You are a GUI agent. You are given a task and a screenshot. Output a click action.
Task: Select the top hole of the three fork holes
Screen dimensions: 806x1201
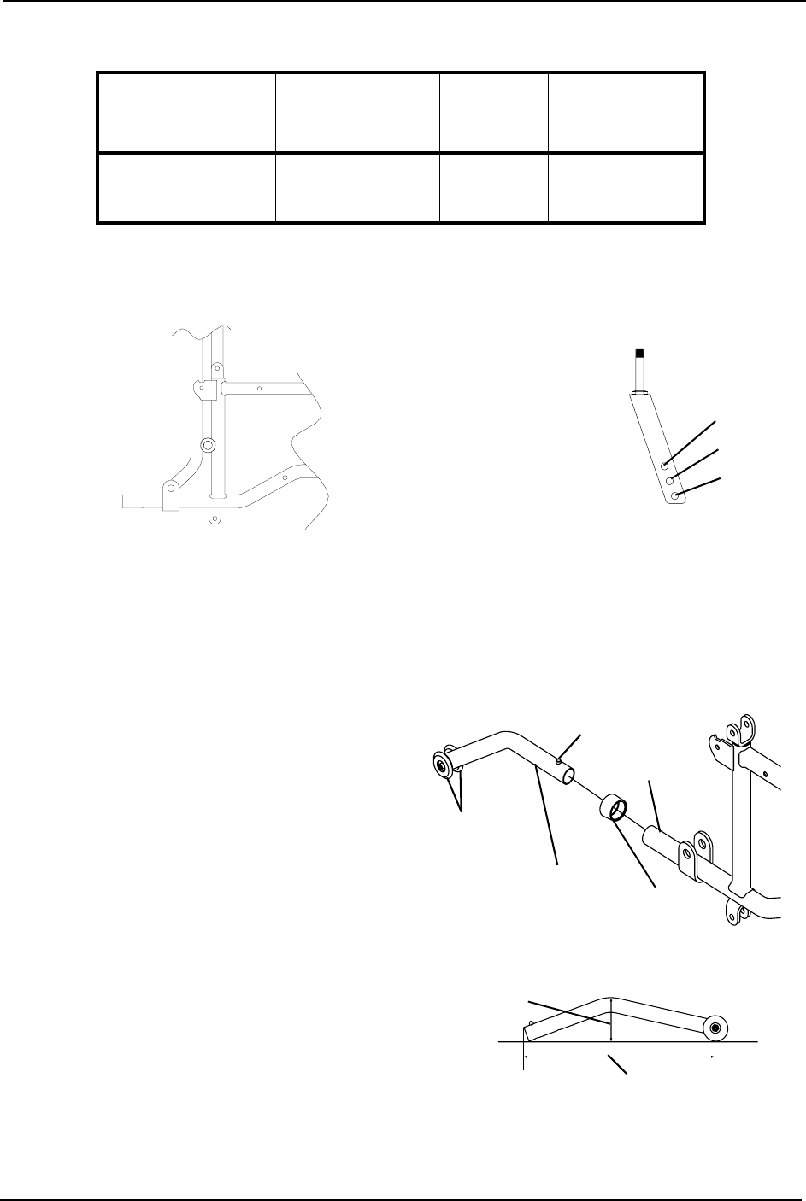coord(665,466)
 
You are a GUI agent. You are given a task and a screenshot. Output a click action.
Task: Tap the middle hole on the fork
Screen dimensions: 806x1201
coord(670,481)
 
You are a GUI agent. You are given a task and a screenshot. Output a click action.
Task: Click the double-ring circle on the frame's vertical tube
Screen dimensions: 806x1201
coord(207,445)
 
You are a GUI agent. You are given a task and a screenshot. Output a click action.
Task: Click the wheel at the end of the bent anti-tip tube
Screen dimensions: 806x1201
coord(443,765)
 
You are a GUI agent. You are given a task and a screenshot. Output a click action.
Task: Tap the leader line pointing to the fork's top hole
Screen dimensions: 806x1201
coord(691,442)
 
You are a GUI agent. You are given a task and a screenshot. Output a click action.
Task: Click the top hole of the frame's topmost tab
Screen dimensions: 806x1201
coord(215,367)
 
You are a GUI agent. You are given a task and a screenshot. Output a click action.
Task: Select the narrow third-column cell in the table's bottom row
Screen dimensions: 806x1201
coord(493,188)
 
